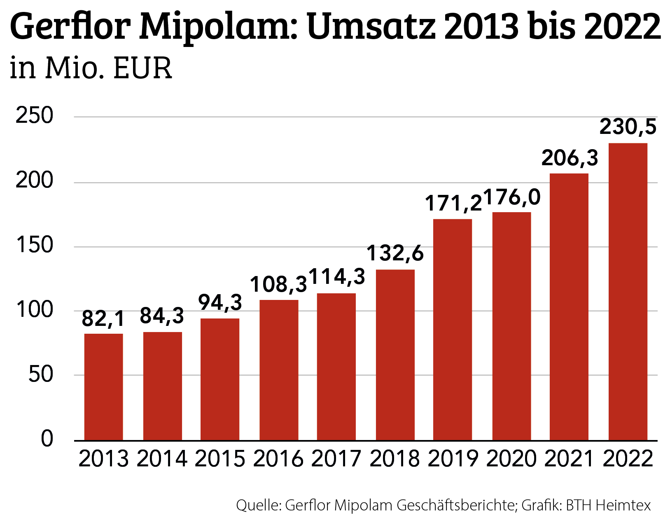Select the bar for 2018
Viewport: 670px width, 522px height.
tap(395, 354)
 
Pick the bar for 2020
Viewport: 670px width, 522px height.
tap(511, 326)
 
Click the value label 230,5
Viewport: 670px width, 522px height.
tap(628, 126)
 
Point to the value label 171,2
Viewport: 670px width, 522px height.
tap(453, 203)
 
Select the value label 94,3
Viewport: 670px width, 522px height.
tap(220, 302)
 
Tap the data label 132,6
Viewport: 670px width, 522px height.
tap(395, 253)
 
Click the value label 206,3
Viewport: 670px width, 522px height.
tap(569, 158)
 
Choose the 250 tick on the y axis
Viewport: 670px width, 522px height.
tap(35, 116)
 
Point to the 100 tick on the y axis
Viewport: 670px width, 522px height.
tap(35, 310)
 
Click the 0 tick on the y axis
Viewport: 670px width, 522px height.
tap(47, 439)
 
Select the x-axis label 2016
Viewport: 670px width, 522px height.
tap(278, 459)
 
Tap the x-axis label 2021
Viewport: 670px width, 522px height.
tap(569, 459)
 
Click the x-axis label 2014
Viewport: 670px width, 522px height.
tap(161, 459)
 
